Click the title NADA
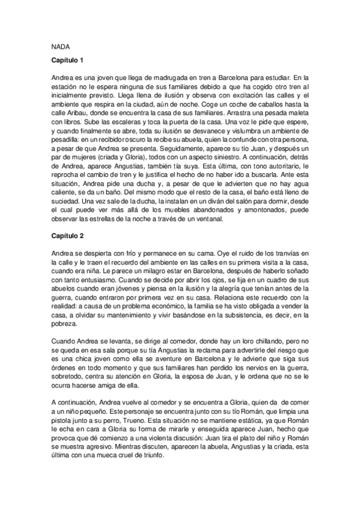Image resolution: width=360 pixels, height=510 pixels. coord(59,45)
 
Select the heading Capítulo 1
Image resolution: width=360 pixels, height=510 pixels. coord(67,61)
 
